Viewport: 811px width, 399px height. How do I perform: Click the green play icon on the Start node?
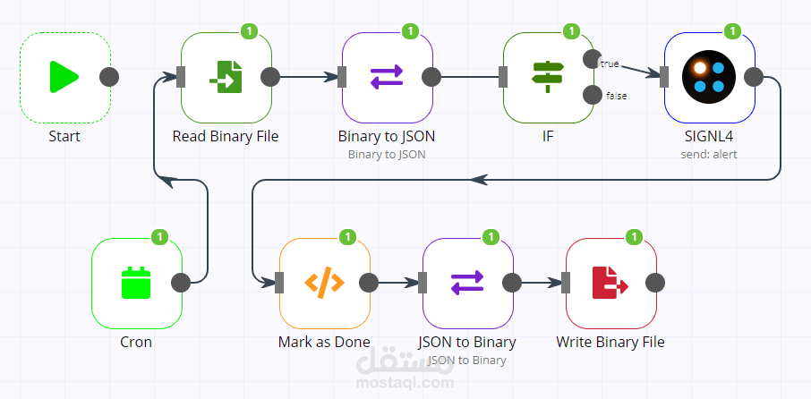64,77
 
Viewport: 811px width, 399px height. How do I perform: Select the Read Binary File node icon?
226,77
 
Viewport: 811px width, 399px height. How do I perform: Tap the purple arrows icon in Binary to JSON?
387,77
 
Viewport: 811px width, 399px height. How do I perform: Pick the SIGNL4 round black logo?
709,77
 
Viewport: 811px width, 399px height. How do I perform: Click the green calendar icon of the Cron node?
136,283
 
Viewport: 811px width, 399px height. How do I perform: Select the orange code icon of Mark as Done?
324,283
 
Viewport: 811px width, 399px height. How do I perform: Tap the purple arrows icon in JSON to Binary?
467,283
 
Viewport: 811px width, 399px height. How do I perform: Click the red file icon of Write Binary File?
610,283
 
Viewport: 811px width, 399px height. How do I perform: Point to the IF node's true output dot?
592,59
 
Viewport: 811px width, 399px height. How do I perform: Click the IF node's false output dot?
592,95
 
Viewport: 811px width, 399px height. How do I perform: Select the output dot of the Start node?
108,77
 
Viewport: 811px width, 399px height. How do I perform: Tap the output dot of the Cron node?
180,283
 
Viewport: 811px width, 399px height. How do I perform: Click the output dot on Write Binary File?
654,283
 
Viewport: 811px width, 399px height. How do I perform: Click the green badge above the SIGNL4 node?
732,31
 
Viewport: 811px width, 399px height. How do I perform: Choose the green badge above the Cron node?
159,237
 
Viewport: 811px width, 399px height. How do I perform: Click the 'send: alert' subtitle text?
709,154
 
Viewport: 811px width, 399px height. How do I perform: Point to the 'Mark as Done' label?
324,342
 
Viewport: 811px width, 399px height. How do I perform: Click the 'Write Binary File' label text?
610,342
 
